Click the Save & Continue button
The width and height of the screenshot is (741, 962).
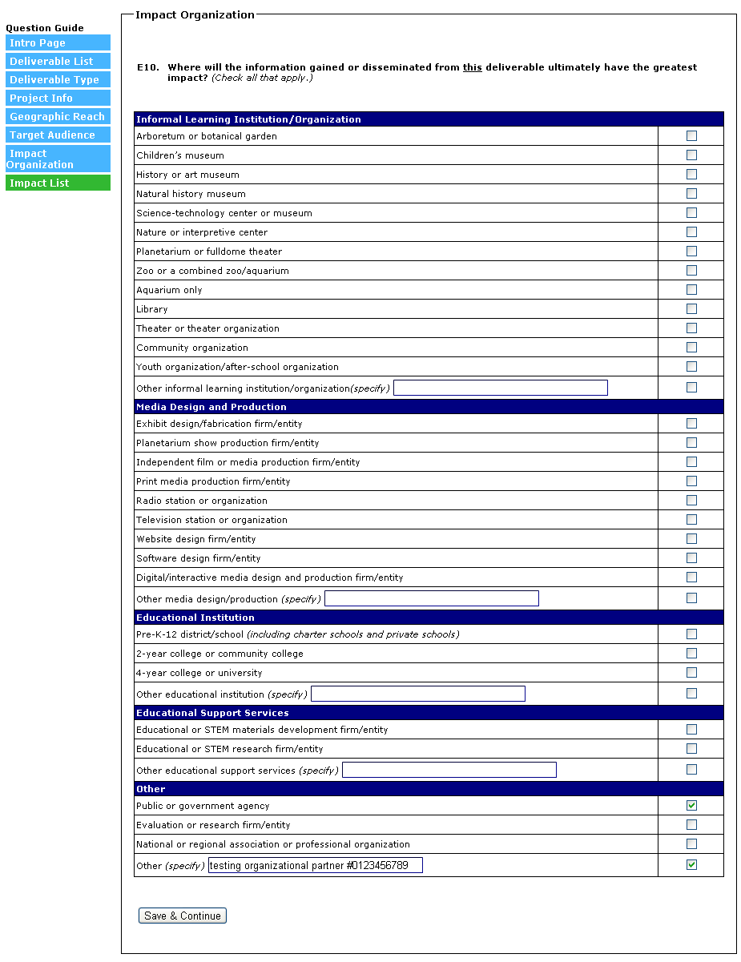[x=183, y=916]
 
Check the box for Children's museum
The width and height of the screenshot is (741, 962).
[x=691, y=155]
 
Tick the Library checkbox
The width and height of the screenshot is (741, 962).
[x=691, y=309]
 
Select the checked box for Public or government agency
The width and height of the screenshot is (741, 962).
[x=691, y=806]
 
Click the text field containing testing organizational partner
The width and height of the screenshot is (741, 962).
[x=315, y=865]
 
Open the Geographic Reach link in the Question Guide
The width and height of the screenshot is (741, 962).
[x=57, y=117]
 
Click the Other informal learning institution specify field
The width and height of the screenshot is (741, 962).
[x=501, y=388]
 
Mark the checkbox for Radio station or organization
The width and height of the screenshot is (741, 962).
[x=691, y=501]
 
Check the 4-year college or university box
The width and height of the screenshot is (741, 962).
[x=691, y=673]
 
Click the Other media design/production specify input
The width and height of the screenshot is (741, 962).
[x=432, y=598]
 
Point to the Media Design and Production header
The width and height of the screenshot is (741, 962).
[x=211, y=407]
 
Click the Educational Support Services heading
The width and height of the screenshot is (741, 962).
[x=212, y=713]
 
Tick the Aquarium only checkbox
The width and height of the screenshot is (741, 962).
[x=691, y=290]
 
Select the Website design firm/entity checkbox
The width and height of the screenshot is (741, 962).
[x=691, y=539]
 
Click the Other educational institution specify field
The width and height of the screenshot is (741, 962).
[x=418, y=694]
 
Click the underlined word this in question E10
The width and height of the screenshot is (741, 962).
[x=473, y=68]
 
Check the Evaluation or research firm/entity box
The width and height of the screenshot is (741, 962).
[x=691, y=825]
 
